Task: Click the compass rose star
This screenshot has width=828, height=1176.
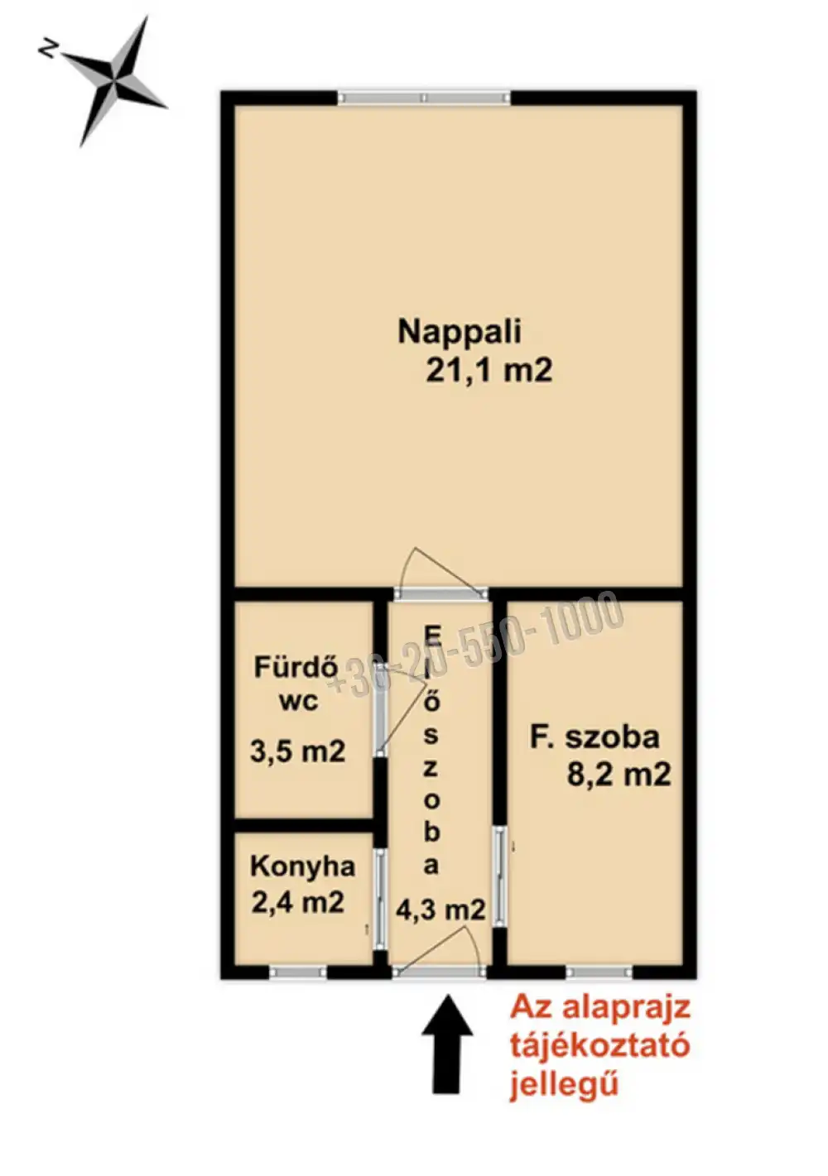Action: point(116,80)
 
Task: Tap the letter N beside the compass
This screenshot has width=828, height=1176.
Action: point(47,50)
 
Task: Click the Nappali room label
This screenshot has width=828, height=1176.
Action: point(460,332)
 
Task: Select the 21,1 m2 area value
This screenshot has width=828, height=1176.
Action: point(489,370)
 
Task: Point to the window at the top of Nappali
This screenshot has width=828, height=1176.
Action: point(424,98)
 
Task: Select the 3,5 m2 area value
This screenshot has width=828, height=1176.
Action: point(297,751)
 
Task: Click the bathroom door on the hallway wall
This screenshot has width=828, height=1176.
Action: point(380,718)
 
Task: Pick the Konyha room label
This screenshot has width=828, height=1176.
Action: point(302,866)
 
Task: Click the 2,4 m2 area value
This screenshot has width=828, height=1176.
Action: point(297,901)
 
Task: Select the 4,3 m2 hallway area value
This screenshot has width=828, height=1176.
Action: point(440,910)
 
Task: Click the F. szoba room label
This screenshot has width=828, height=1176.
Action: point(595,737)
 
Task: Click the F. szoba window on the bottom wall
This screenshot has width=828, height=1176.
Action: point(599,972)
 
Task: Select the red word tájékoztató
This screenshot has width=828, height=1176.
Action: point(599,1046)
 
